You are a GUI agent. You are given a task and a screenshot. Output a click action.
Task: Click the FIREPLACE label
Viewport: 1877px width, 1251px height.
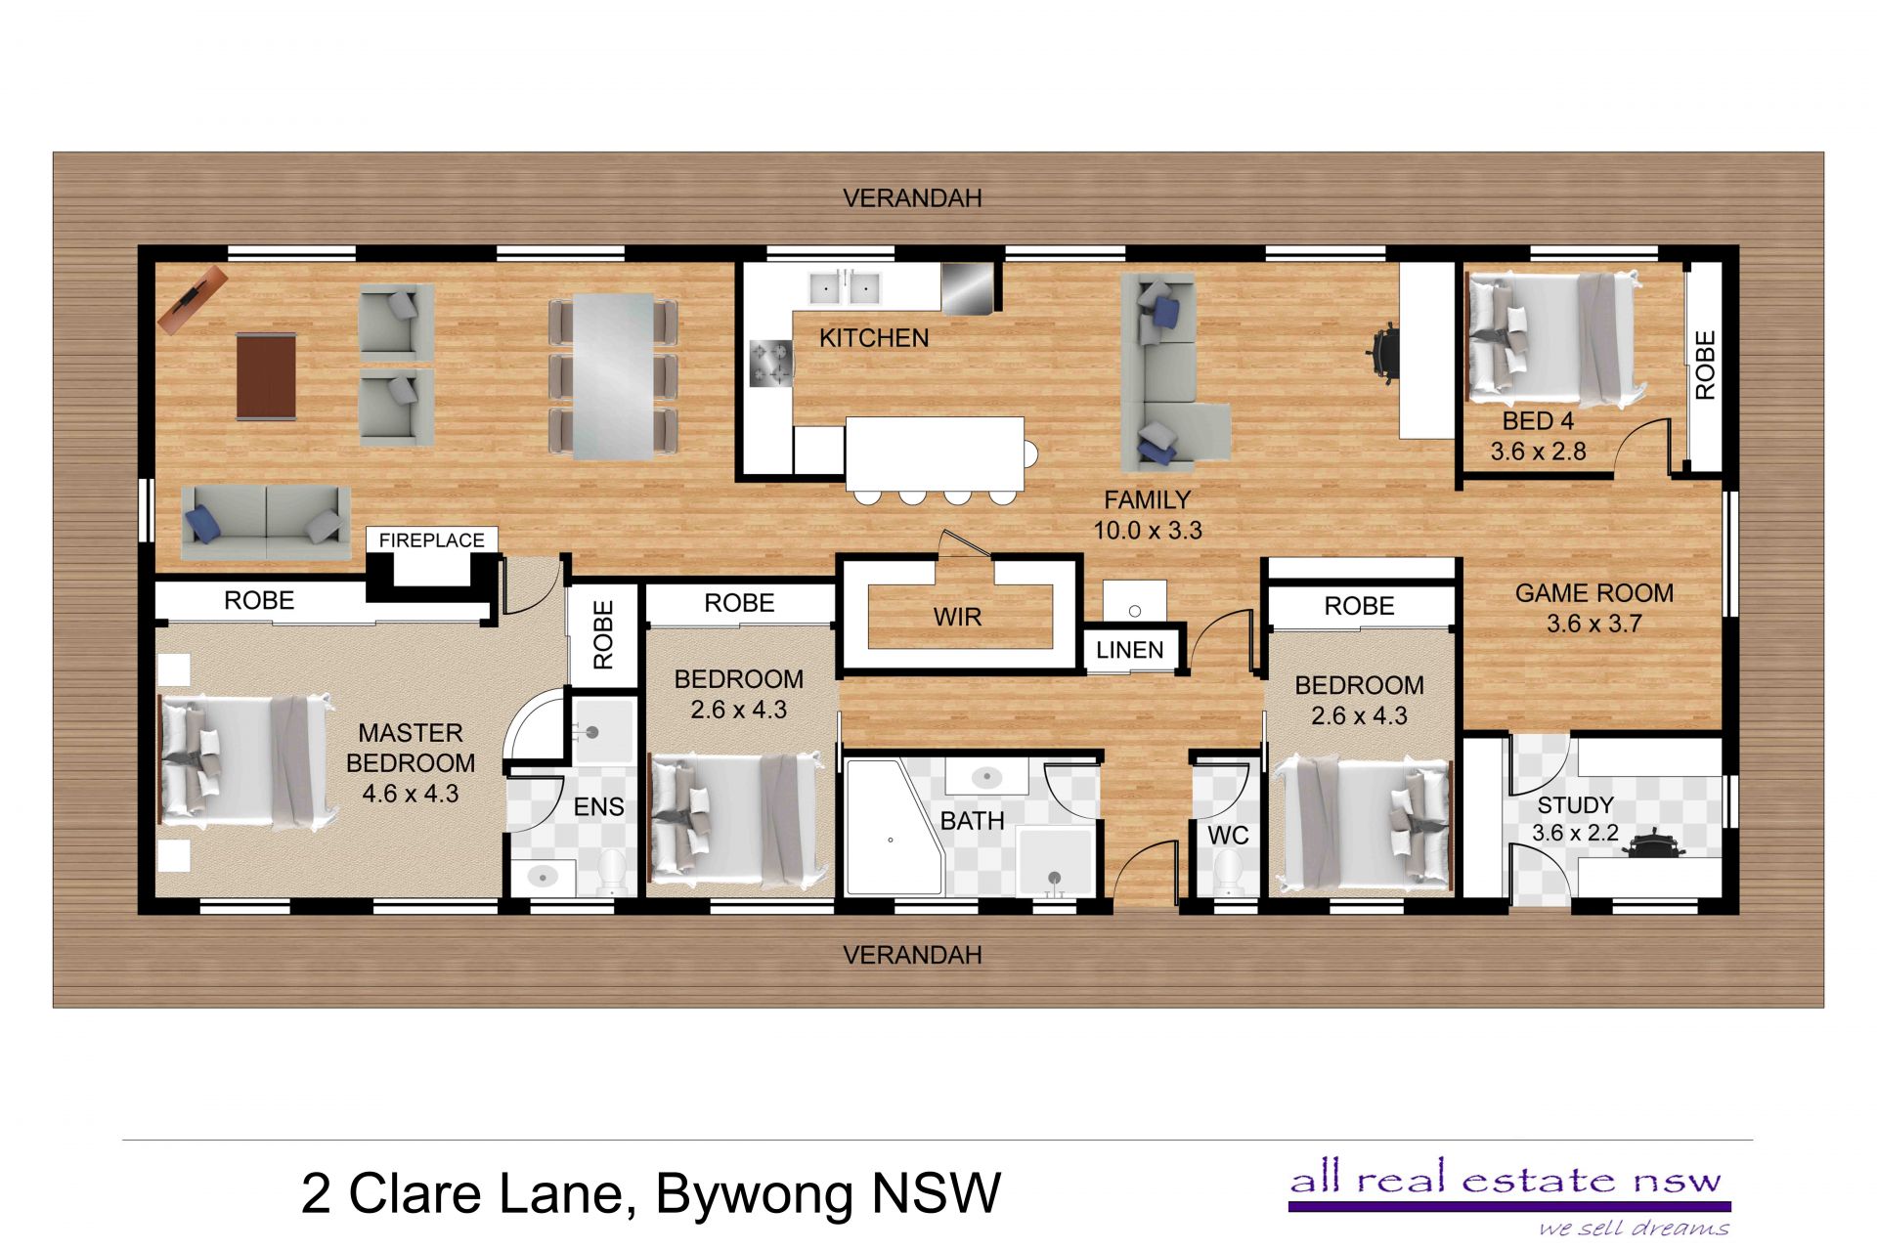[x=431, y=539]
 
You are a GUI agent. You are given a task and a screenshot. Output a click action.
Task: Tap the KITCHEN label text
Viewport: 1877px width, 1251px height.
[x=874, y=338]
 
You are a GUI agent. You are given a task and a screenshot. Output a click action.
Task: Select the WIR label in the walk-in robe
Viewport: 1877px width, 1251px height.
[x=957, y=617]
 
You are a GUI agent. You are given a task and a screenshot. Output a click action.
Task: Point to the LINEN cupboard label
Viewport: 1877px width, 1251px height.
[x=1129, y=650]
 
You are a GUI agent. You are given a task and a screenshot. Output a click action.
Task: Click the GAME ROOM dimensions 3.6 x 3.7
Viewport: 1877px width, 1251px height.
[x=1593, y=624]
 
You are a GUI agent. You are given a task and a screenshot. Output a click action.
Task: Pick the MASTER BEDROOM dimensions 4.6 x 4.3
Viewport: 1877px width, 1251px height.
[x=411, y=794]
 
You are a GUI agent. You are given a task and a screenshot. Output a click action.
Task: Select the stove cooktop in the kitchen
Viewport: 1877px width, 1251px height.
[x=770, y=363]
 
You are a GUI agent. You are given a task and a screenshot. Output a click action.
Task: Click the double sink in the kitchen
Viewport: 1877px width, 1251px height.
[x=845, y=288]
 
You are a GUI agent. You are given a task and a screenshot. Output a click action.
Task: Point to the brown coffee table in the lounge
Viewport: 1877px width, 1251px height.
[x=267, y=376]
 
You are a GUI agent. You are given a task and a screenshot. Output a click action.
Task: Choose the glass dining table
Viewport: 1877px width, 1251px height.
[x=613, y=377]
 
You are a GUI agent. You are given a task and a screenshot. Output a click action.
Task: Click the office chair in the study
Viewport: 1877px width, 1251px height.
[x=1652, y=844]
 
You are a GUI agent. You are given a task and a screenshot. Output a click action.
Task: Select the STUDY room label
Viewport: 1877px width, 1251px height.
[x=1575, y=805]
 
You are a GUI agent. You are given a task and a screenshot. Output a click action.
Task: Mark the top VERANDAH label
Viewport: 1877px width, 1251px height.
[x=912, y=198]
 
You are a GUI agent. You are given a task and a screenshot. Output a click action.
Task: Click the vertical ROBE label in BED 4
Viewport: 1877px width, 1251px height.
[x=1705, y=366]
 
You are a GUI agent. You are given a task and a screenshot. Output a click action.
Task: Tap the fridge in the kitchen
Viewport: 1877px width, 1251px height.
[x=967, y=287]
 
